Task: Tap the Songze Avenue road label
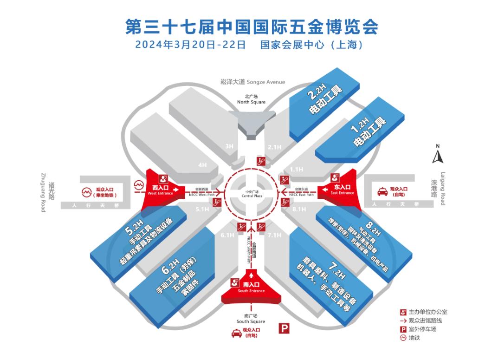[252, 82]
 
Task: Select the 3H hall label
[229, 146]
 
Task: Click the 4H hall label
[202, 164]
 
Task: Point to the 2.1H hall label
[274, 147]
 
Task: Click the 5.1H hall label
[203, 209]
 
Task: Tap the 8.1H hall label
[299, 209]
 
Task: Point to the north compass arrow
[437, 156]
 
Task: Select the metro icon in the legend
[403, 338]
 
